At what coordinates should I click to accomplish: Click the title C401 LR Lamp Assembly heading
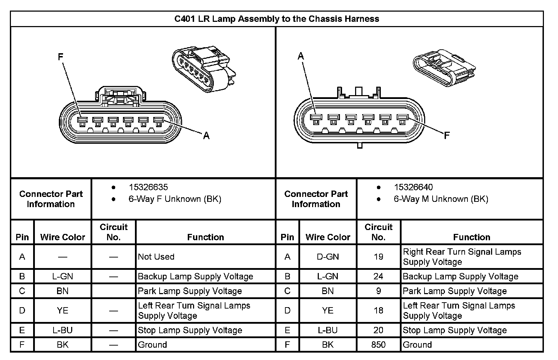click(x=277, y=19)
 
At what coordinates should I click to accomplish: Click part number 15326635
click(x=148, y=187)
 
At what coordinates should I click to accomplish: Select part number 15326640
click(x=413, y=187)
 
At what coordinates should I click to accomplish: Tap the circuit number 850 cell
click(x=378, y=345)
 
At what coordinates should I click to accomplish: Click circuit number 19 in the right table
click(x=378, y=257)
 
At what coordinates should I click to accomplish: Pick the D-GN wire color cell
click(x=328, y=257)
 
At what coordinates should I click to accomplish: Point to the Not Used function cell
click(x=156, y=257)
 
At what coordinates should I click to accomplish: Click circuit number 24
click(x=378, y=277)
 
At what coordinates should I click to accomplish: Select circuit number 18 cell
click(x=378, y=310)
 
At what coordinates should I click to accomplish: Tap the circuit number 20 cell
click(x=378, y=330)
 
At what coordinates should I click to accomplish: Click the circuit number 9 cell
click(x=378, y=291)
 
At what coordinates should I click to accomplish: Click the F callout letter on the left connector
click(x=61, y=57)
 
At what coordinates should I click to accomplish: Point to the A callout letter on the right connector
click(x=301, y=56)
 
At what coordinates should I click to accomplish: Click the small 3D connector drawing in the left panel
click(x=204, y=69)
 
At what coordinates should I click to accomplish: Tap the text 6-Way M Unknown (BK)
click(x=441, y=199)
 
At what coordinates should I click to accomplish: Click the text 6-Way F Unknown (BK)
click(x=175, y=199)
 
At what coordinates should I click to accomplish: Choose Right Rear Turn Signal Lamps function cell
click(x=462, y=257)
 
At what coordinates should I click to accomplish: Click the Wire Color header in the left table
click(x=63, y=237)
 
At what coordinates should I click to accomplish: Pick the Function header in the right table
click(x=471, y=237)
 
